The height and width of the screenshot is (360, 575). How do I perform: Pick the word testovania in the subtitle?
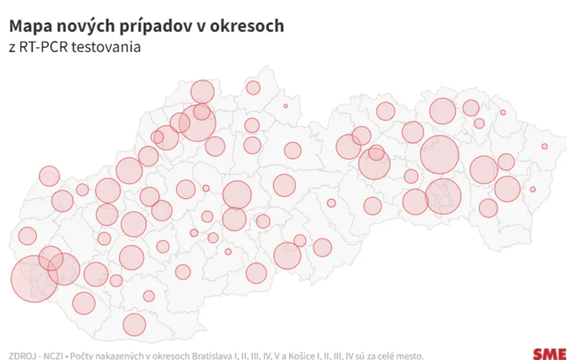click(103, 49)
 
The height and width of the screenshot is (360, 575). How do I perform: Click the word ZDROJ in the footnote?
click(22, 354)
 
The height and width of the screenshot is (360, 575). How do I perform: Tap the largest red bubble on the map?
click(34, 278)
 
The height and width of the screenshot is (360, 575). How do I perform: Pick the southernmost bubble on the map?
click(134, 324)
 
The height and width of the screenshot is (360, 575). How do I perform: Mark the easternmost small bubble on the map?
click(545, 147)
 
